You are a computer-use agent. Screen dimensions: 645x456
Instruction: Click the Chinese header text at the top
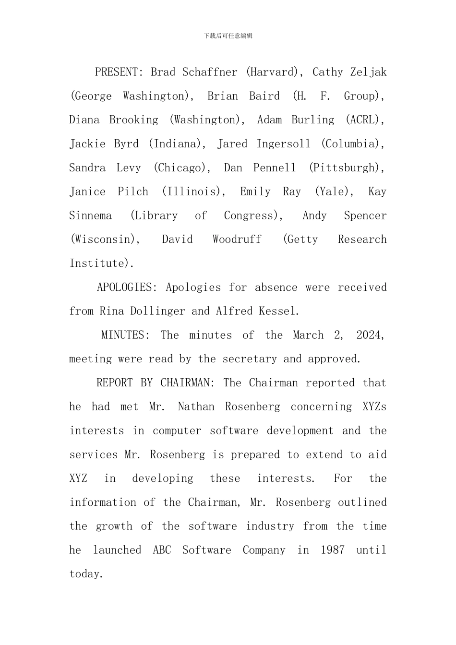tap(228, 36)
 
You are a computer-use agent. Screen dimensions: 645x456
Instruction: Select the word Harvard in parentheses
tap(272, 72)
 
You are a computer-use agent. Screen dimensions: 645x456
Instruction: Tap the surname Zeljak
tap(368, 72)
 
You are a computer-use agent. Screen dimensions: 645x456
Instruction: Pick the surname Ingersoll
tap(284, 144)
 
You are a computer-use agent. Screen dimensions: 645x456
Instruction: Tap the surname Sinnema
tap(90, 215)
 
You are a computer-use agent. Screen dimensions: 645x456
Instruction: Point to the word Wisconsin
tap(103, 239)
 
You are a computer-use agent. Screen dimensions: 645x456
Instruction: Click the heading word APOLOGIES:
tap(127, 287)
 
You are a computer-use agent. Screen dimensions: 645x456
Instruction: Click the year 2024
tap(370, 335)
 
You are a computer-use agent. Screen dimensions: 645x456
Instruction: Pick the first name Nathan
tap(196, 407)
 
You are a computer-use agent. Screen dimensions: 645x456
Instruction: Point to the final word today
tap(86, 574)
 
